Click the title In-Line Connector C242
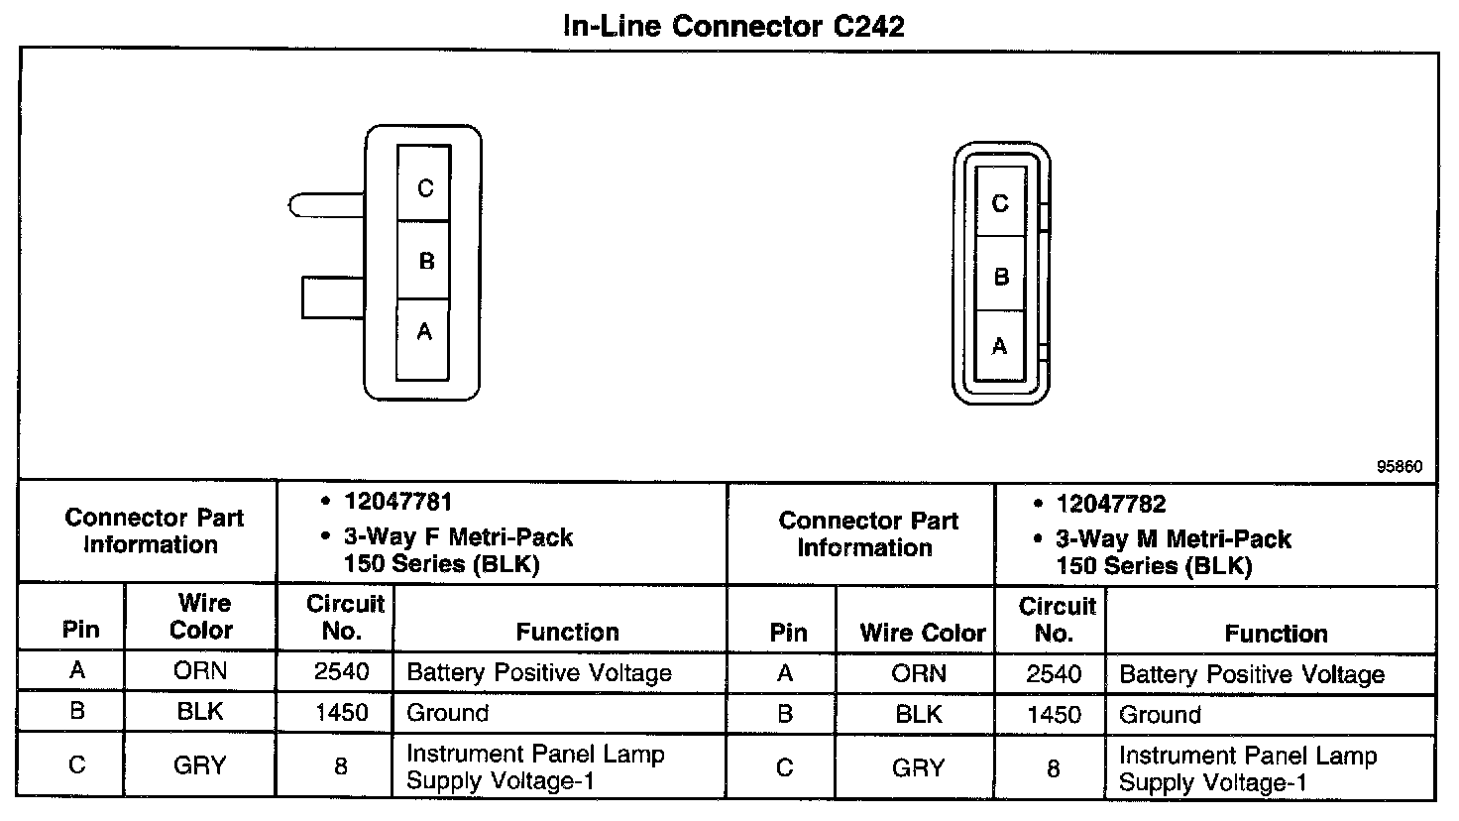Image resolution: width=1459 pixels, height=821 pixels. (732, 26)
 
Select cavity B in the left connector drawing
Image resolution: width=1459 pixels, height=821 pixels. (424, 261)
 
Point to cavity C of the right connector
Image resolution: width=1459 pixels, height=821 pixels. (1000, 202)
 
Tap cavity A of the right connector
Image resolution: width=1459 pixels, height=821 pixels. (1000, 345)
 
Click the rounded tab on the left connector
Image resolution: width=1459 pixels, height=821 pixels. (325, 205)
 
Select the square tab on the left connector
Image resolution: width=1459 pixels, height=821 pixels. (332, 297)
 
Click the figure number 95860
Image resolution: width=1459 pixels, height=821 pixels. (1400, 466)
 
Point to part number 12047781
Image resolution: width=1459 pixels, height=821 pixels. (397, 503)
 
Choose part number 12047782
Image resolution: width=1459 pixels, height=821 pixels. (1110, 505)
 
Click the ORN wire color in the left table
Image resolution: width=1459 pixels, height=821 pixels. (199, 671)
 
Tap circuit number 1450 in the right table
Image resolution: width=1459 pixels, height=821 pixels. (1053, 715)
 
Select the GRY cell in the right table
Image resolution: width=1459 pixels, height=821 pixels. (918, 767)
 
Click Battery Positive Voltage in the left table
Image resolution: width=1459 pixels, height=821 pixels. (539, 673)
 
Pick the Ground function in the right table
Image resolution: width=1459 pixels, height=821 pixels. (1160, 715)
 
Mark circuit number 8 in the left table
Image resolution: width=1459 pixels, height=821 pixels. (340, 765)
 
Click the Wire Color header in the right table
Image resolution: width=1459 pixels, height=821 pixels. (922, 633)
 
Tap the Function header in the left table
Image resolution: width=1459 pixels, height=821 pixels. (567, 632)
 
